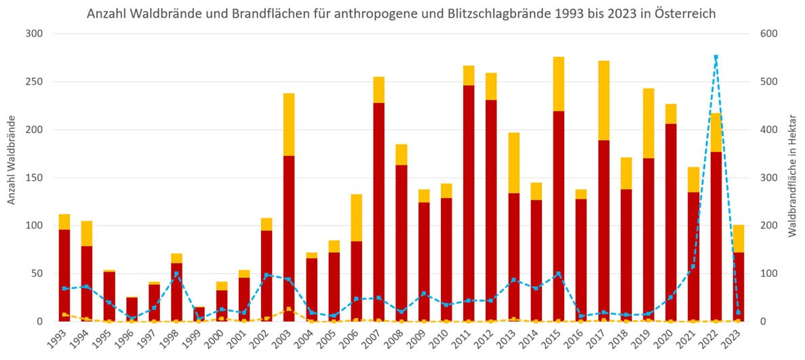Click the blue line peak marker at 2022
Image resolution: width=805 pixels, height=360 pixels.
pyautogui.click(x=715, y=57)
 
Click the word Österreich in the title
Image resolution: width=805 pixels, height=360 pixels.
pyautogui.click(x=685, y=14)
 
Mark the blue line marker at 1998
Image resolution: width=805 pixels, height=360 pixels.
pyautogui.click(x=176, y=274)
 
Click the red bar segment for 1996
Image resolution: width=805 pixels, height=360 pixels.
pyautogui.click(x=132, y=309)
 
